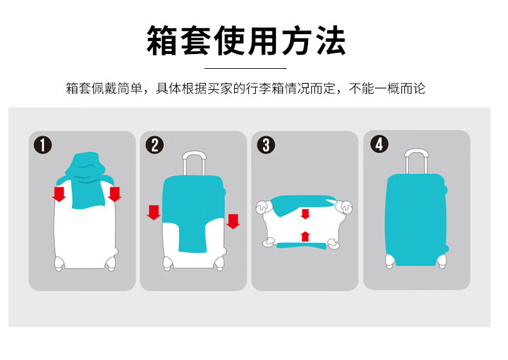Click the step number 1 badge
point(43,145)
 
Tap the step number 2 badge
point(154,145)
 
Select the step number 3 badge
point(266,145)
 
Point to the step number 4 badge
point(379,144)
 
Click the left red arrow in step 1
point(59,194)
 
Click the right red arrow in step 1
point(114,194)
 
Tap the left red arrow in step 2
point(154,212)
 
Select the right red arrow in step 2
point(233,221)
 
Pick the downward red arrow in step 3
point(305,214)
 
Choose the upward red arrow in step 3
point(305,237)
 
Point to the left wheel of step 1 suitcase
point(59,263)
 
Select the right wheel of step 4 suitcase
point(442,261)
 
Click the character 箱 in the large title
point(161,41)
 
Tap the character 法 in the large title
point(331,41)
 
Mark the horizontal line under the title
point(246,68)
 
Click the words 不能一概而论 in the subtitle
point(387,88)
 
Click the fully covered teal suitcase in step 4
point(416,220)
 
